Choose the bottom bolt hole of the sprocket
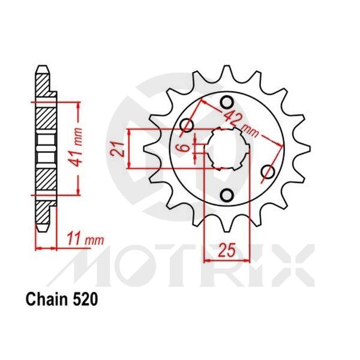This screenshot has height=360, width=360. click(227, 195)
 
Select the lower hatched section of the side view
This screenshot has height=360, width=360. click(45, 180)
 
